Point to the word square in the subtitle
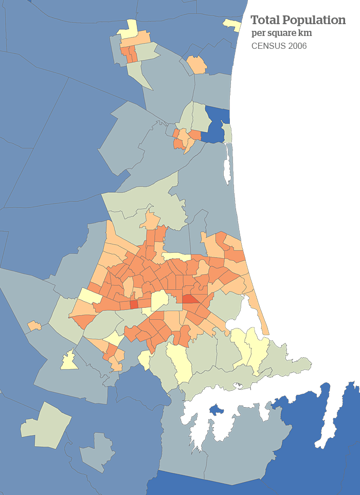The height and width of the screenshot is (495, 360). [x=282, y=33]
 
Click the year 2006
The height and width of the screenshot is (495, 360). [x=298, y=46]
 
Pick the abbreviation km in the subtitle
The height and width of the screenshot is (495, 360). [x=305, y=33]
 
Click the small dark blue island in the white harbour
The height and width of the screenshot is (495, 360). [x=216, y=410]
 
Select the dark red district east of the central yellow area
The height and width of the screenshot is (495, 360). [x=189, y=299]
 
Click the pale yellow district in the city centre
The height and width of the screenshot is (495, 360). [x=159, y=300]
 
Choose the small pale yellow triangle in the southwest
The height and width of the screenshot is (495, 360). [x=69, y=361]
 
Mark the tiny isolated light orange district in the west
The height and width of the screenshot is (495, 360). [x=34, y=325]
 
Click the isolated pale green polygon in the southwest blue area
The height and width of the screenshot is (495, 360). [x=46, y=425]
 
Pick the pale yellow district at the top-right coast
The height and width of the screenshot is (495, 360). [x=232, y=24]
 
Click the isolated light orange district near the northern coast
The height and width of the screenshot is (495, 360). [x=196, y=65]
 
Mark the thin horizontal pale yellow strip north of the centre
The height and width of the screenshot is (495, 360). [x=176, y=256]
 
